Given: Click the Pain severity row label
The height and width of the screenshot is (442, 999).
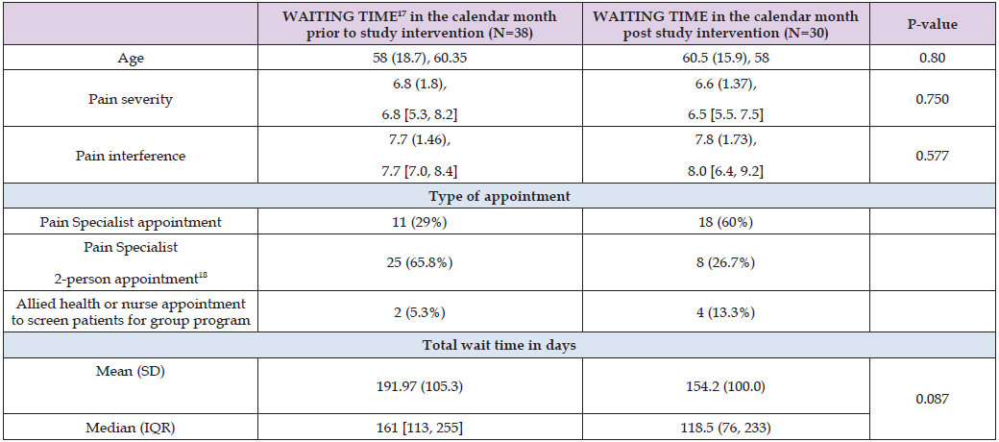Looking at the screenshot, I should click(x=130, y=99).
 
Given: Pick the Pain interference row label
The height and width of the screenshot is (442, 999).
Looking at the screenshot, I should click(x=130, y=156).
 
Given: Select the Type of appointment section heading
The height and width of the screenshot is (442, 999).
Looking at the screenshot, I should click(x=499, y=196).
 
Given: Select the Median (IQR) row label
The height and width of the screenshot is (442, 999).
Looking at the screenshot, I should click(x=130, y=427).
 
